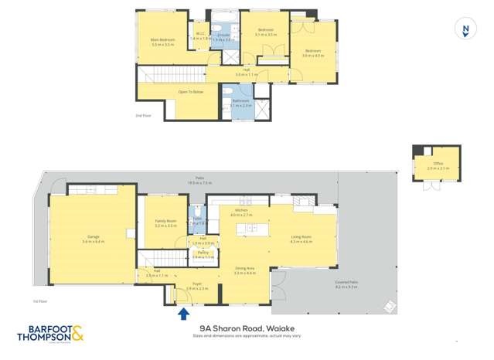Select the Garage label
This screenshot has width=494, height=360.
point(93,238)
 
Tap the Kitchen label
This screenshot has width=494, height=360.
point(241,210)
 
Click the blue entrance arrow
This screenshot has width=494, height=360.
point(183,313)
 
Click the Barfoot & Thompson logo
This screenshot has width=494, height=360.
point(49,335)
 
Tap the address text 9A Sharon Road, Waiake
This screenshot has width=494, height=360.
point(247,328)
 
